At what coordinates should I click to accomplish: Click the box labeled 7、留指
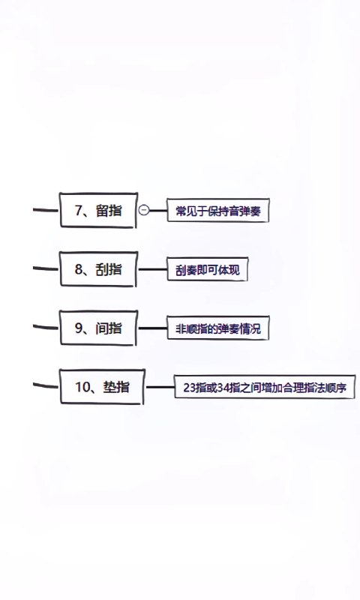[x=98, y=210]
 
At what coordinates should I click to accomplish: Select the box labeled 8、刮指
[x=98, y=269]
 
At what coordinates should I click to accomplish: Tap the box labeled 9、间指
[x=98, y=328]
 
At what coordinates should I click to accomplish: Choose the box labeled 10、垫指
[x=102, y=387]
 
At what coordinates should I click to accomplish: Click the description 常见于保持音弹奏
[x=218, y=210]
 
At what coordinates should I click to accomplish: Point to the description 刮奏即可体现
[x=207, y=269]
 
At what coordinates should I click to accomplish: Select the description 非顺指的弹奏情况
[x=218, y=328]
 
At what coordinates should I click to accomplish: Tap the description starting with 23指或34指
[x=265, y=387]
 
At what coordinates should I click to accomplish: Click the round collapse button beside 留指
[x=144, y=210]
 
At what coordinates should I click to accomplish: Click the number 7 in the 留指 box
[x=79, y=210]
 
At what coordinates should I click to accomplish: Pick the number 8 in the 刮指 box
[x=79, y=269]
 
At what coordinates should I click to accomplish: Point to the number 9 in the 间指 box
[x=79, y=328]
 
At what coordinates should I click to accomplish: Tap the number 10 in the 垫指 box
[x=82, y=387]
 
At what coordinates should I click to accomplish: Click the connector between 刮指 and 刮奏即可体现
[x=153, y=269]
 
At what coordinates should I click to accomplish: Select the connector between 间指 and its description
[x=153, y=328]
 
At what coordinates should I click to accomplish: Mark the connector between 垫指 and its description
[x=160, y=387]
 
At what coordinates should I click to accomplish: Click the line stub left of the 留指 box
[x=46, y=210]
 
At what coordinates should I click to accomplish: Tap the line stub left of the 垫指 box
[x=46, y=385]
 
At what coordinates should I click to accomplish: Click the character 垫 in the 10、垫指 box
[x=109, y=387]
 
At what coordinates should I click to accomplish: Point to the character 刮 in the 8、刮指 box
[x=103, y=269]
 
